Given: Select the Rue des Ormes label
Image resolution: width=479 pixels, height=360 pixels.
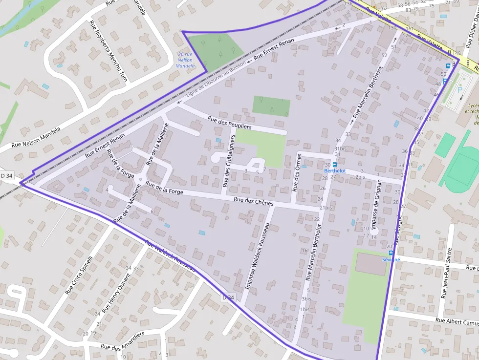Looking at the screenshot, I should point(296,172).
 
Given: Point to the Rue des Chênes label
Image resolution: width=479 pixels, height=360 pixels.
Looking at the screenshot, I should point(253,201).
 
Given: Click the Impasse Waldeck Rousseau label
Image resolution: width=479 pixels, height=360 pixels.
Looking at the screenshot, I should point(257,257).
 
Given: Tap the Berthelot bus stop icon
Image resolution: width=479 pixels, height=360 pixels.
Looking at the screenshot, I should point(335,165).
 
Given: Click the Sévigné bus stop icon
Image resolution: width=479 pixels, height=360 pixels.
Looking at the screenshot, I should point(391,253).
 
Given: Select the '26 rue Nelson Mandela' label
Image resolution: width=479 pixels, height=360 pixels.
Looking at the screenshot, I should point(184,60).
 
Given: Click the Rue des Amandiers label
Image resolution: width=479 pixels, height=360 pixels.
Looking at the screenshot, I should point(122,340).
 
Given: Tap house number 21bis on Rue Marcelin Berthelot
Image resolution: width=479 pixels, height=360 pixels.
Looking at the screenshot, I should point(325,208).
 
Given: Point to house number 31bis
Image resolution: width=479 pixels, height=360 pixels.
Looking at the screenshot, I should point(340,148).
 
